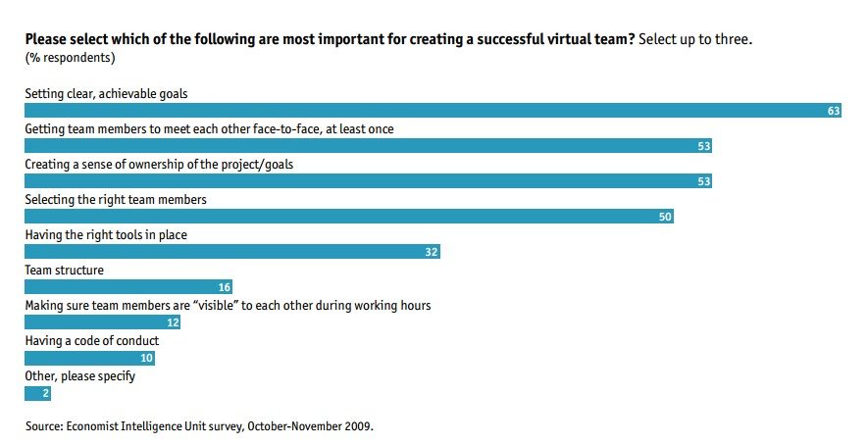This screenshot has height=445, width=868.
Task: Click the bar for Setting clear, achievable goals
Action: [x=432, y=111]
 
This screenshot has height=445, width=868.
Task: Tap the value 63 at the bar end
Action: [x=834, y=112]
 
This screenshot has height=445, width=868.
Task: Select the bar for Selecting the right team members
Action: [x=348, y=217]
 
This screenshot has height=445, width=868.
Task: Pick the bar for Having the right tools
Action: [x=231, y=252]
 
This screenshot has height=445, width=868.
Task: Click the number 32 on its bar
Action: [x=431, y=253]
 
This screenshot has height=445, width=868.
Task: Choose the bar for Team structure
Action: [x=128, y=287]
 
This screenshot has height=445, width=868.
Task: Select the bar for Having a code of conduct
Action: [x=89, y=358]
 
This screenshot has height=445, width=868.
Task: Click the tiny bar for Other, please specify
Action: [x=36, y=393]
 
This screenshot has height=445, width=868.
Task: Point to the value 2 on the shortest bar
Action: [x=44, y=394]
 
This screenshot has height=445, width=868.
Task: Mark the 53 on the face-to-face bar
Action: [x=701, y=147]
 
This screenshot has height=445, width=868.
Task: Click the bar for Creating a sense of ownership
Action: [x=368, y=181]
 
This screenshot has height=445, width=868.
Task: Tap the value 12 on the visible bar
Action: [x=172, y=323]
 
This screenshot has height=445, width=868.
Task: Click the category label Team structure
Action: [x=64, y=270]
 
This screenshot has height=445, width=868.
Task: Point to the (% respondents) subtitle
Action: [x=70, y=58]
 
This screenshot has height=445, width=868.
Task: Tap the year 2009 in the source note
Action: [x=358, y=426]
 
